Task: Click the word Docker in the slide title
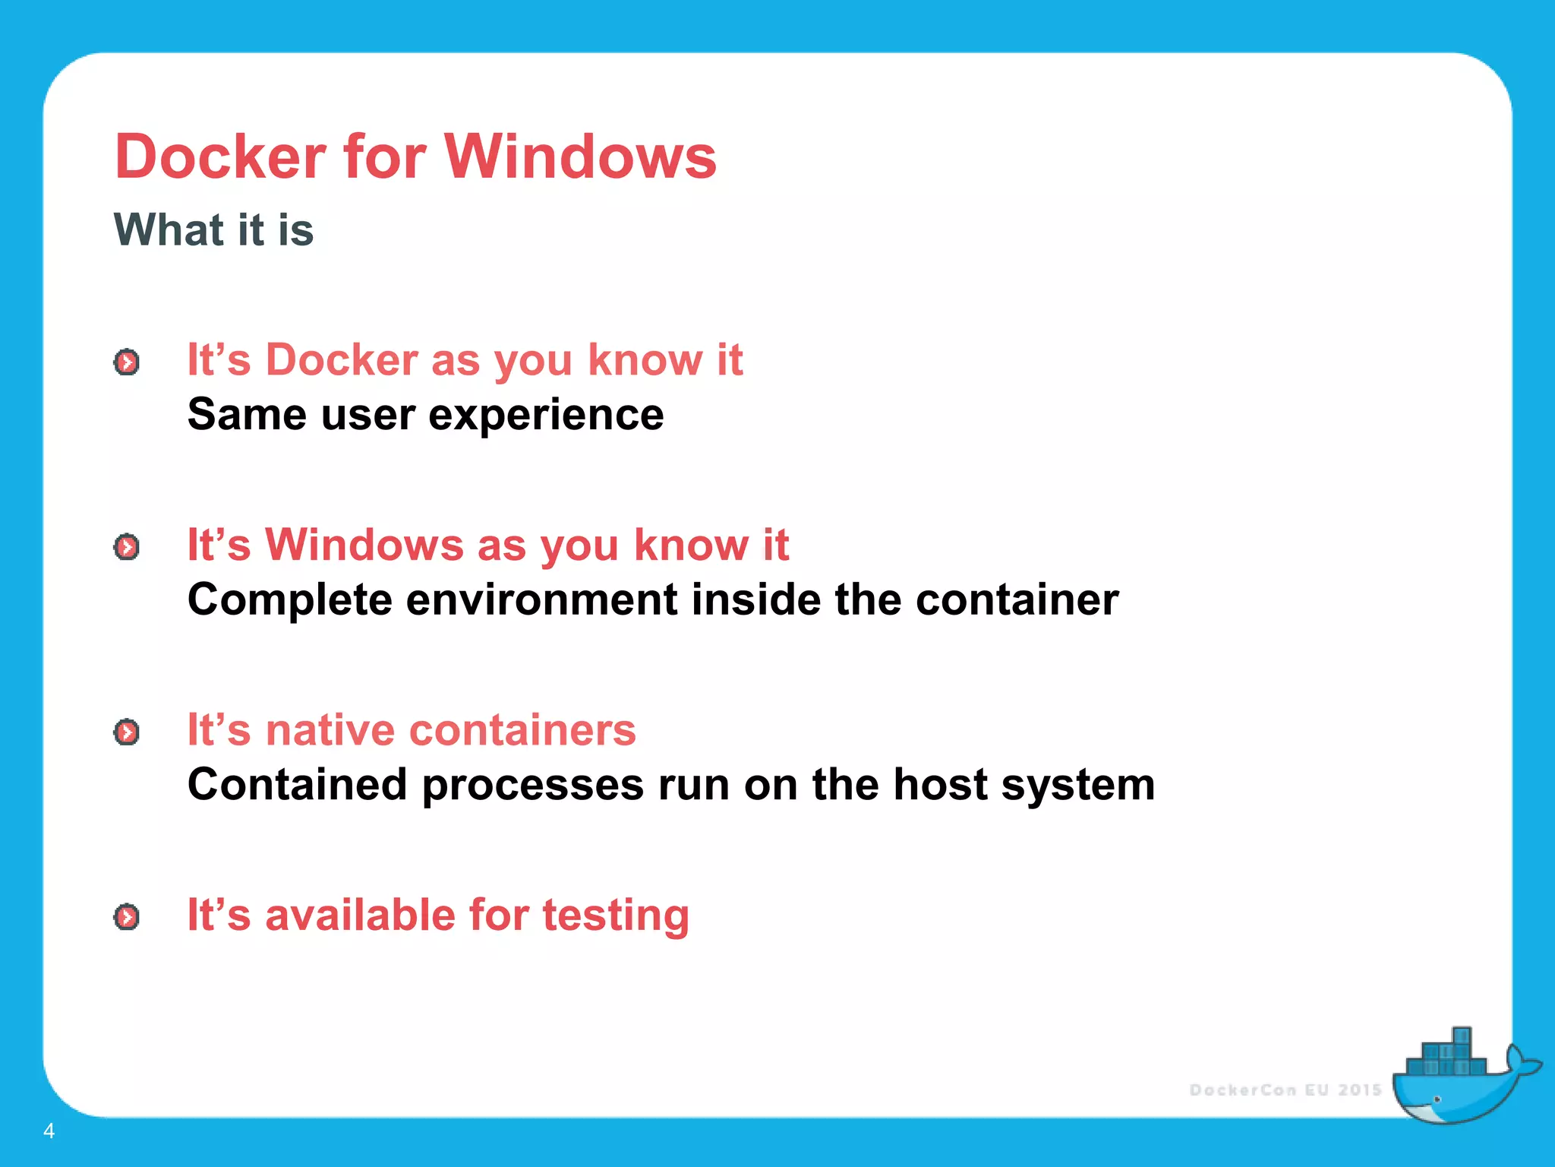(220, 157)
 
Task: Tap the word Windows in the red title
(580, 157)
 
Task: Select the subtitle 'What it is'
(213, 229)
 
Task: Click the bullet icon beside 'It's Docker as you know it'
(127, 362)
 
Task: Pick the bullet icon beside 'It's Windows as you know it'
(127, 547)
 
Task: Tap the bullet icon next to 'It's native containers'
(127, 732)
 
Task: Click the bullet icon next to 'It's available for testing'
(127, 917)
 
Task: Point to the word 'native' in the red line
(330, 730)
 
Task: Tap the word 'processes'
(532, 785)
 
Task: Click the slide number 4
(49, 1131)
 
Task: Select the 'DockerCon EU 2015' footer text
(1285, 1090)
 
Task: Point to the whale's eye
(1437, 1099)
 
